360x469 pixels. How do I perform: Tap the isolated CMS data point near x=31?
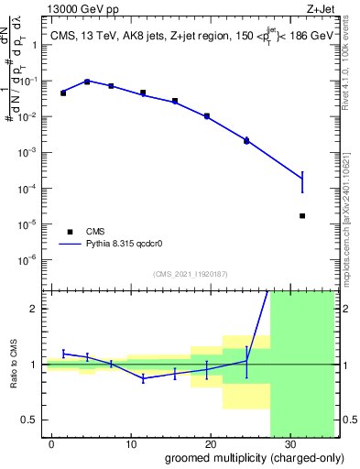[x=302, y=216]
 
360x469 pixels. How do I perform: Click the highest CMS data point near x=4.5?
[x=87, y=82]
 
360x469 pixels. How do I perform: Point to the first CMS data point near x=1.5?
[x=63, y=93]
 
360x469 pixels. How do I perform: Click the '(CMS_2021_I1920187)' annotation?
[x=190, y=273]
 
